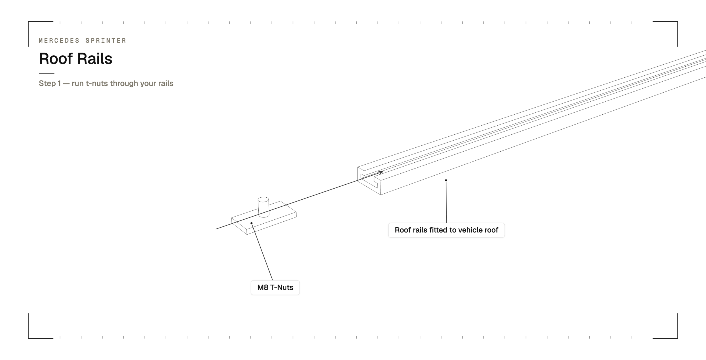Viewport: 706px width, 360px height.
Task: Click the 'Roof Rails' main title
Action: tap(76, 59)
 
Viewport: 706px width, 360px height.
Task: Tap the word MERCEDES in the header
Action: tap(59, 41)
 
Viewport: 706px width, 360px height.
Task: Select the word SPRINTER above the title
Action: tap(106, 41)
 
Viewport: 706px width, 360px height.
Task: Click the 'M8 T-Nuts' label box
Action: tap(275, 287)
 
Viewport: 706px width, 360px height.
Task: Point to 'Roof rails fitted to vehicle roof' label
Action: tap(446, 230)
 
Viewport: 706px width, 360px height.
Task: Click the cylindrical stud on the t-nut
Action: tap(263, 207)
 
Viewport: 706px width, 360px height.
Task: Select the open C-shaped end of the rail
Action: tap(369, 181)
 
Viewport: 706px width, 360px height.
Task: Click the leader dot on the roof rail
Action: tap(446, 180)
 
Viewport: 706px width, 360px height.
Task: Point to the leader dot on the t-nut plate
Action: tap(251, 223)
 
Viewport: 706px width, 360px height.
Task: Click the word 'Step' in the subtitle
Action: tap(47, 84)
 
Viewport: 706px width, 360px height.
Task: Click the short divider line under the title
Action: tap(47, 73)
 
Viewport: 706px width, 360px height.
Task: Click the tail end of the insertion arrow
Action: tap(216, 229)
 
